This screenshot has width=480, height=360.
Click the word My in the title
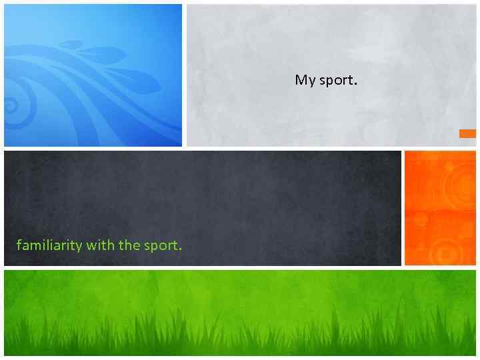click(x=305, y=81)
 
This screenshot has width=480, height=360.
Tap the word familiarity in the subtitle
click(x=49, y=245)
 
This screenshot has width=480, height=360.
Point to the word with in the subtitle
click(x=100, y=245)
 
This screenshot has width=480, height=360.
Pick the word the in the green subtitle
click(x=129, y=245)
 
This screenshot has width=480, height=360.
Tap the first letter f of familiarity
click(x=19, y=245)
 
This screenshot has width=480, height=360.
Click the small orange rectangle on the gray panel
click(x=467, y=133)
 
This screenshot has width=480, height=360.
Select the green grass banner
click(x=240, y=312)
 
